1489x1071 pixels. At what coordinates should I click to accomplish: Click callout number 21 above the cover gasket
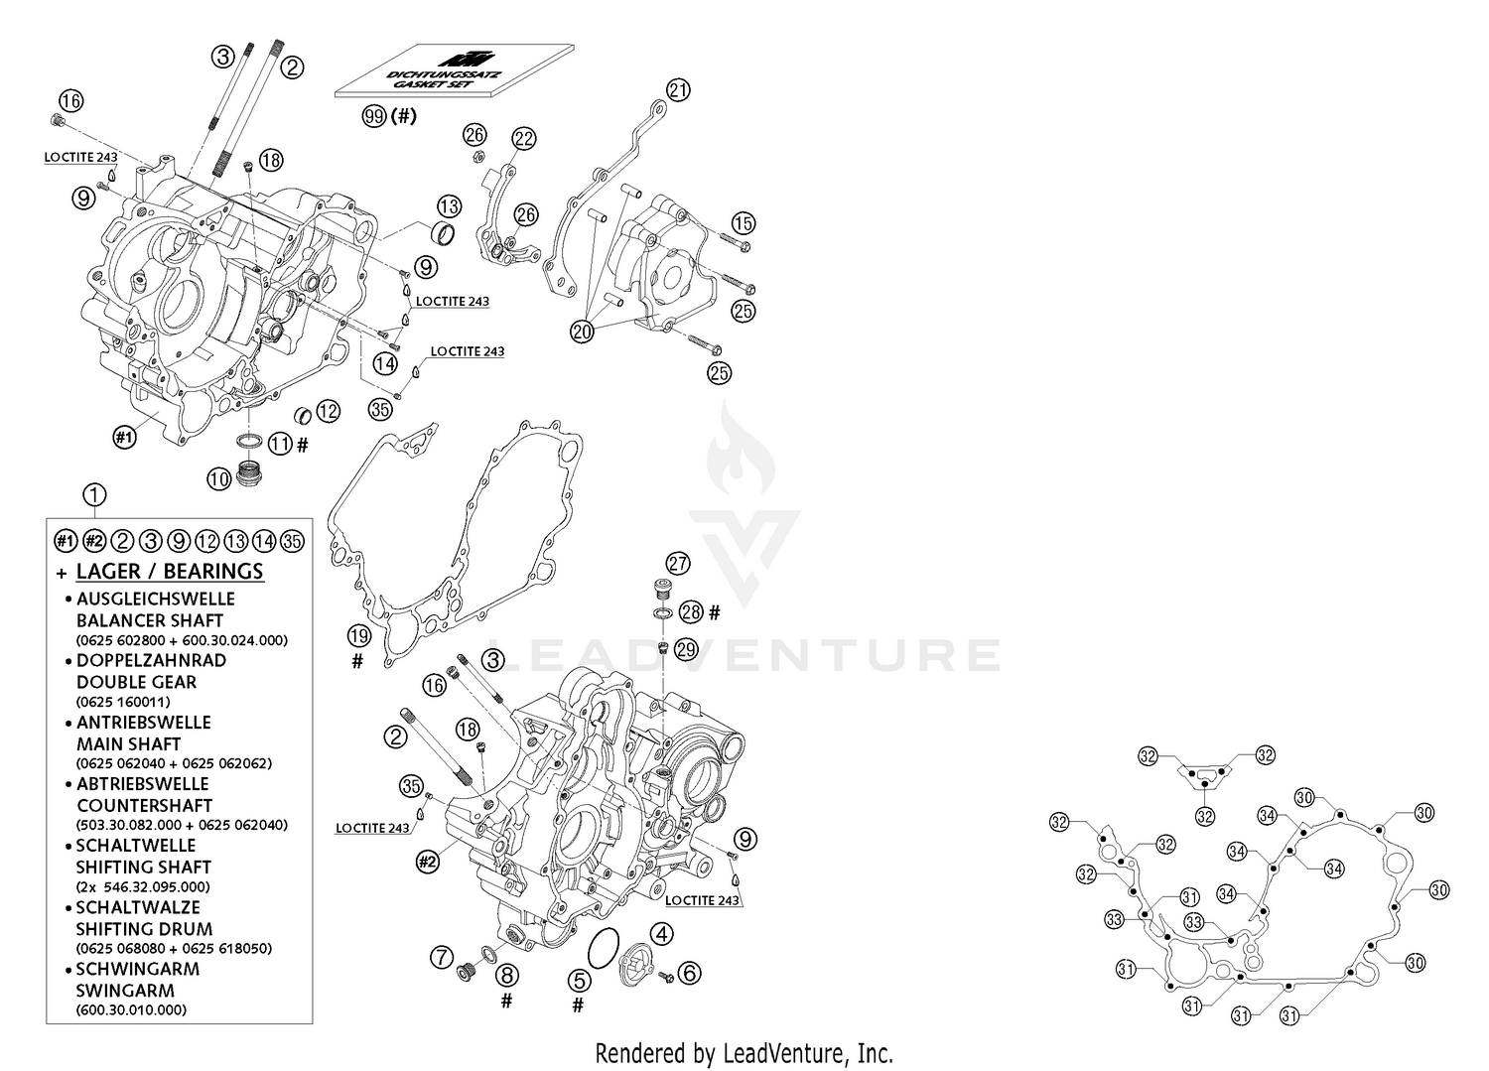678,90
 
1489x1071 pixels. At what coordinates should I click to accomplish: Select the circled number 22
523,138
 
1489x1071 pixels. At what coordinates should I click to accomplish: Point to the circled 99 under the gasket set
374,116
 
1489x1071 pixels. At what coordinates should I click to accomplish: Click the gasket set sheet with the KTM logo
455,70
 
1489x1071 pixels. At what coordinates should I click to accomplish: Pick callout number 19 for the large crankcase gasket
358,634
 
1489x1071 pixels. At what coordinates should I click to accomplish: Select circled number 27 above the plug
677,564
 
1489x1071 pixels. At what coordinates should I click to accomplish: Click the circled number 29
686,649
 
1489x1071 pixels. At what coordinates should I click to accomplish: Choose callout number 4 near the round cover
661,933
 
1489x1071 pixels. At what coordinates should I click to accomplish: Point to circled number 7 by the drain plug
442,958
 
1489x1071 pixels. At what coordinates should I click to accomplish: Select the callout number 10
218,479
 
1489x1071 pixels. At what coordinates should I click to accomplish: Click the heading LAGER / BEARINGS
169,571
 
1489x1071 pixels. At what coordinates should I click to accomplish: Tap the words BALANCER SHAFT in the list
150,620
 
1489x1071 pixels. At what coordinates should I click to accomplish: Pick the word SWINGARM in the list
125,990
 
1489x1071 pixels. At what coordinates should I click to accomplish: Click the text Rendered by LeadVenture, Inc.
744,1052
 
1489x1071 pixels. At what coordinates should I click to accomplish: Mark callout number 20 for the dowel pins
582,332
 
